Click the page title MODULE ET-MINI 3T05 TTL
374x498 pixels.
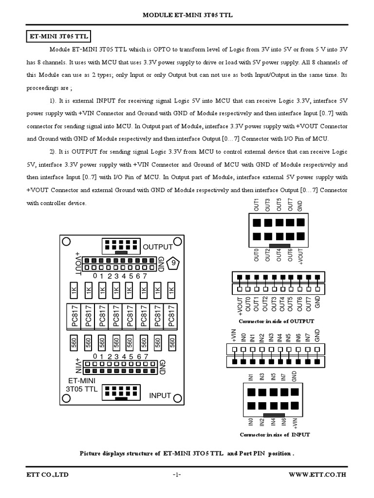[187, 15]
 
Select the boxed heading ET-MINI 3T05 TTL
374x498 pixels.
[57, 36]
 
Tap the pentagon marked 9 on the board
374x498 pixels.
[173, 264]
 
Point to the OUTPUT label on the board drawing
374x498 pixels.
[158, 247]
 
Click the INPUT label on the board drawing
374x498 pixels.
[160, 395]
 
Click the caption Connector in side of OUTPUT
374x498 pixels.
[276, 321]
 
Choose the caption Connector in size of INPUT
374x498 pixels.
[275, 435]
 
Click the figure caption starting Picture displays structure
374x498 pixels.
[187, 453]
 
